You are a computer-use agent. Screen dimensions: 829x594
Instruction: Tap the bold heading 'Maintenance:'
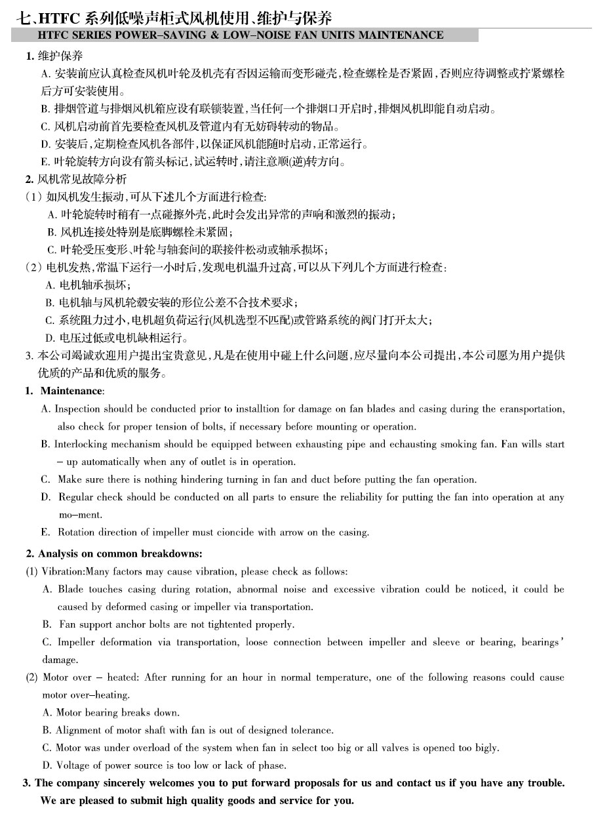pos(72,391)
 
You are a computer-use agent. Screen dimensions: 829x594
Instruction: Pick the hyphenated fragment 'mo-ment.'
pos(80,515)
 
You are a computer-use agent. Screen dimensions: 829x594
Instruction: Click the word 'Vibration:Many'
pos(73,572)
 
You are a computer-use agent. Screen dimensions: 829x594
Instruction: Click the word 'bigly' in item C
pos(486,748)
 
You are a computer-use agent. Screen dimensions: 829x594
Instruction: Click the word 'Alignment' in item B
pos(77,730)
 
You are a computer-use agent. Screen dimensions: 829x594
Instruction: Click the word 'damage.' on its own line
pos(60,660)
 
